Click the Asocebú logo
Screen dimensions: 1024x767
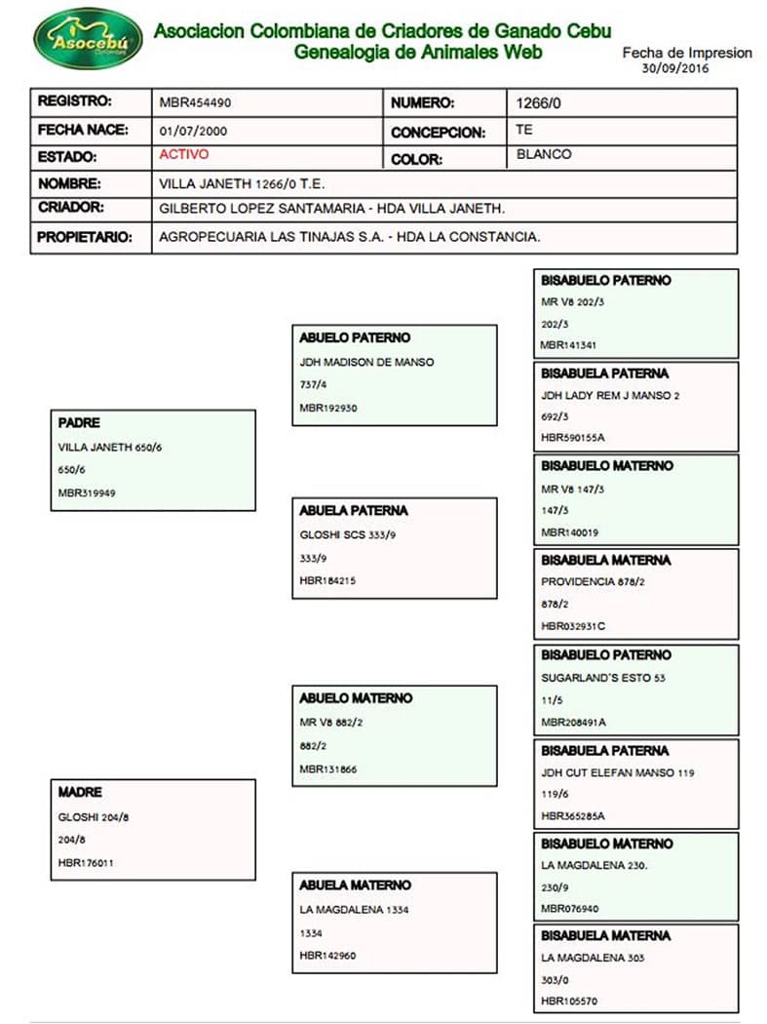coord(88,38)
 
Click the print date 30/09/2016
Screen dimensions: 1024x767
coord(675,69)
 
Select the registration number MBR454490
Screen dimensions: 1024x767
coord(195,101)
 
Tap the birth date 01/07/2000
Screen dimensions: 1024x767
coord(194,130)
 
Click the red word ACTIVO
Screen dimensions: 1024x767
coord(183,154)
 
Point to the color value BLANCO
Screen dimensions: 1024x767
coord(544,154)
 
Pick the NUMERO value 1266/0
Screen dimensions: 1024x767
coord(534,101)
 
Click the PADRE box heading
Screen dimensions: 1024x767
coord(80,423)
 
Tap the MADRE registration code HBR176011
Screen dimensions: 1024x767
coord(87,862)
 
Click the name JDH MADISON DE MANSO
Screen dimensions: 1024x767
coord(366,362)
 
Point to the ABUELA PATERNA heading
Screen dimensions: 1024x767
coord(354,510)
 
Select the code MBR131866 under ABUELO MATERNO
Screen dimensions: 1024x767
coord(328,769)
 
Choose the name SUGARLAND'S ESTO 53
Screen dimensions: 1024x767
coord(603,677)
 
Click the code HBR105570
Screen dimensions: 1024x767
coord(569,1002)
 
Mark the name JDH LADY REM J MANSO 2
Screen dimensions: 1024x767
coord(609,395)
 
